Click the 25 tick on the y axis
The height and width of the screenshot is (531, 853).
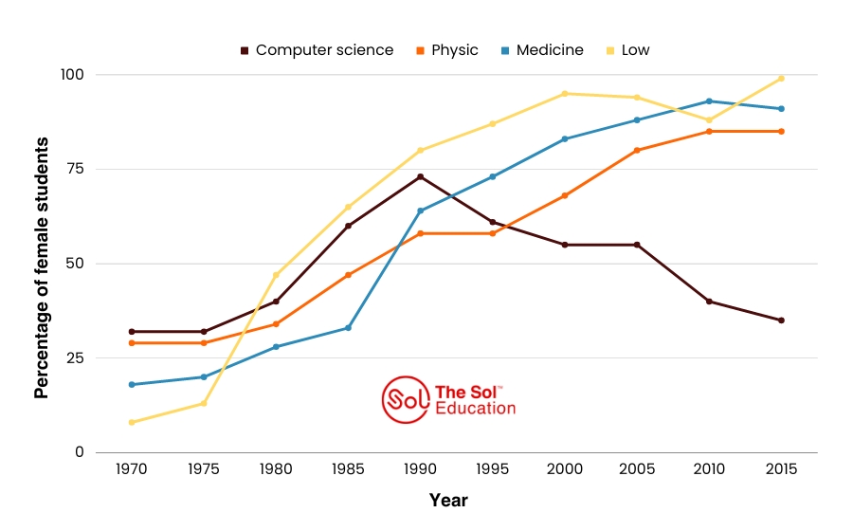tap(75, 358)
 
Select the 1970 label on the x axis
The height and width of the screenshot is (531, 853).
tap(132, 469)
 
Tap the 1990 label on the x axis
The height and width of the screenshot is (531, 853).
tap(420, 469)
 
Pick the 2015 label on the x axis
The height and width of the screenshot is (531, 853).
tap(781, 469)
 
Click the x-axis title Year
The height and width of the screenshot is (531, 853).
tap(447, 500)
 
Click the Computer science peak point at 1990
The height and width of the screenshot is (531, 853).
tap(420, 176)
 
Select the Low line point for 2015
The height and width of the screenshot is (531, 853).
tap(781, 79)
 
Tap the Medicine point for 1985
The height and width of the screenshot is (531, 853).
tap(348, 328)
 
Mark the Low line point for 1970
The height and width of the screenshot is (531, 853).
tap(132, 422)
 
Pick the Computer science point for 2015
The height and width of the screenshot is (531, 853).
tap(781, 320)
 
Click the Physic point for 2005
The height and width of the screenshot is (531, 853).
tap(637, 150)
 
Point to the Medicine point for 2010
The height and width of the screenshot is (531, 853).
tap(709, 101)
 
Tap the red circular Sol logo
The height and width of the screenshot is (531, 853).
tap(405, 399)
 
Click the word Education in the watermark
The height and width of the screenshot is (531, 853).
tap(476, 409)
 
